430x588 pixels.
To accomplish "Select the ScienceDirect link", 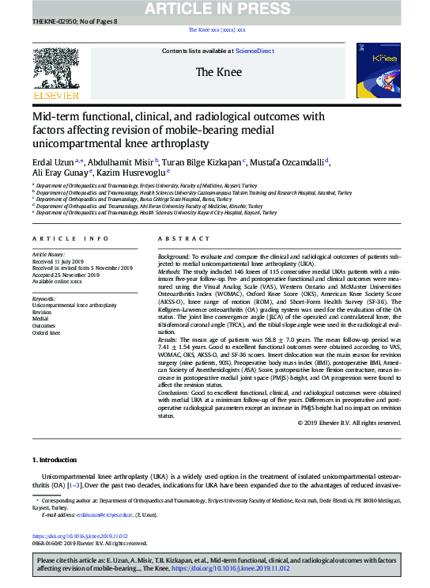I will pos(255,51).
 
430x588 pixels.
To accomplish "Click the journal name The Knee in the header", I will pos(214,72).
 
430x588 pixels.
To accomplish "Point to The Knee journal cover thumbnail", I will pos(378,69).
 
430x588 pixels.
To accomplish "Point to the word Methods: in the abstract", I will pos(173,271).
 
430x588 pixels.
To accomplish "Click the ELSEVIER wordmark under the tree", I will pos(55,95).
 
